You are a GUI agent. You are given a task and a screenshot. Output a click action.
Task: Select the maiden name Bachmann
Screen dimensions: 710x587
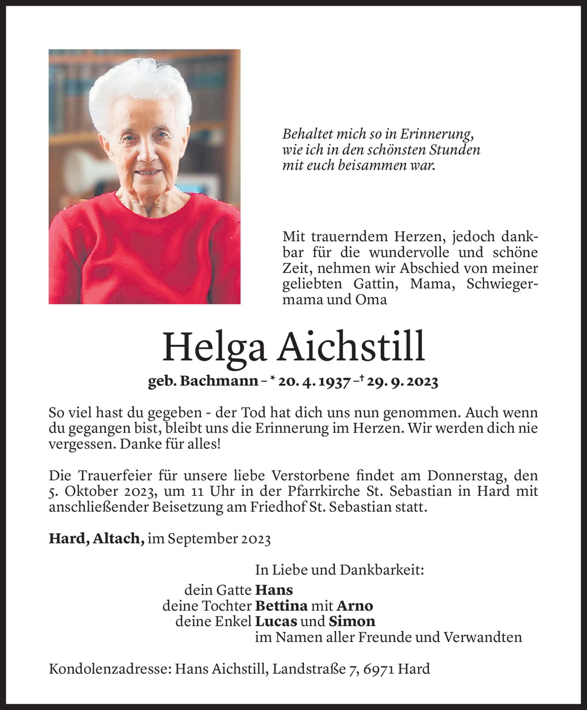219,382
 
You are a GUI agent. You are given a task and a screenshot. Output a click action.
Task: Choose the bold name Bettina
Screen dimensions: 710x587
281,606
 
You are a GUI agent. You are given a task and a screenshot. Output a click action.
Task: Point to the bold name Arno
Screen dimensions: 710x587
355,606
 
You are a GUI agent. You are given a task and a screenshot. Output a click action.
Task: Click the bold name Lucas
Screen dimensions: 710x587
276,622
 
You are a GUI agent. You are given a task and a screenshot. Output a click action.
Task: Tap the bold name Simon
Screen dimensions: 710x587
352,622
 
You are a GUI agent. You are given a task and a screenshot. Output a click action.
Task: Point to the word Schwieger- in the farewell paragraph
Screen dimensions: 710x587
502,284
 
